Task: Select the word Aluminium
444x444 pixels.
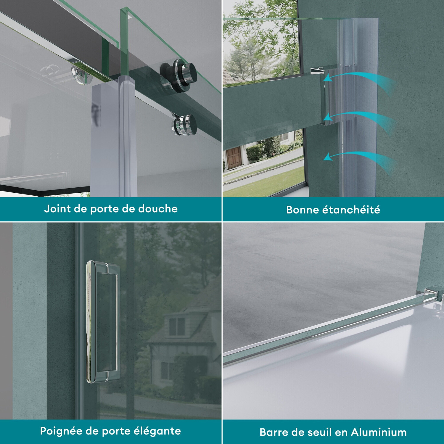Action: tap(379, 432)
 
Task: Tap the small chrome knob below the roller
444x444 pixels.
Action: tap(184, 125)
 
